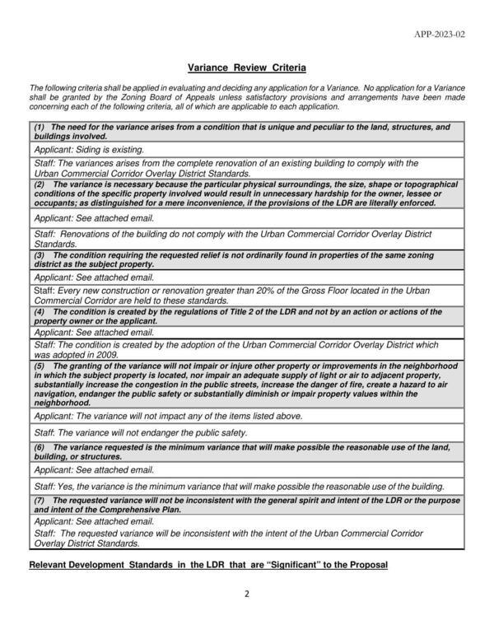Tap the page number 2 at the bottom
pos(246,593)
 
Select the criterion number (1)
pos(39,128)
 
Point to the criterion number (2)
pos(39,184)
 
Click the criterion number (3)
pos(39,256)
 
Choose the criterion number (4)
pos(39,313)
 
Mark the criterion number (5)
pos(39,365)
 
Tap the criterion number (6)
pos(39,447)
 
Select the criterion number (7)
pos(39,500)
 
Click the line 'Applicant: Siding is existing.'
pos(89,150)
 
